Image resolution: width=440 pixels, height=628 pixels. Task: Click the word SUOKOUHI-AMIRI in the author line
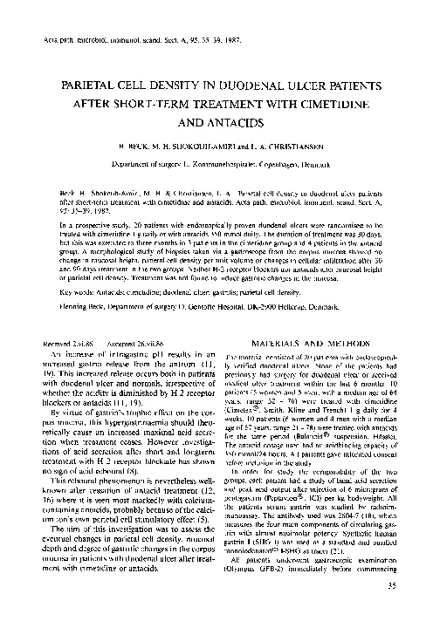(186, 150)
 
